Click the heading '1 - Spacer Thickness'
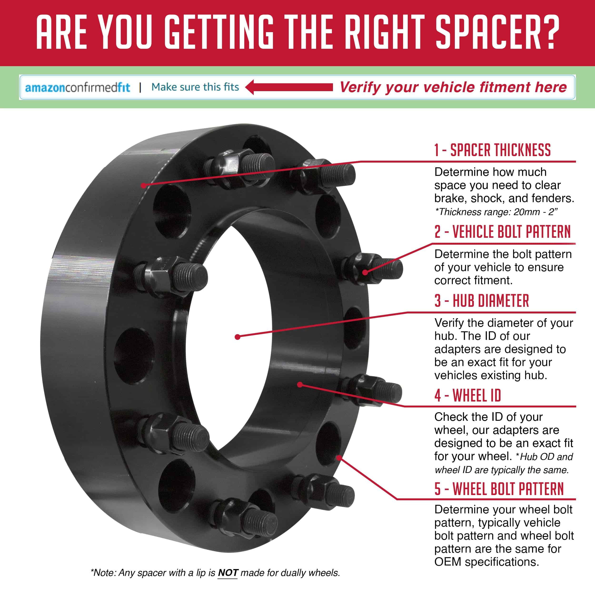tap(492, 150)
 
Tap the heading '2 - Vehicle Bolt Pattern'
tap(503, 232)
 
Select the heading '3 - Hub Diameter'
tap(482, 301)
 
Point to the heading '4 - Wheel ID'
tap(467, 395)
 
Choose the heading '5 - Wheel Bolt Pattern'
tap(499, 489)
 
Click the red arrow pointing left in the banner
tap(289, 87)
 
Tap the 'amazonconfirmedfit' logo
tap(78, 87)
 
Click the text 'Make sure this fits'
tap(195, 87)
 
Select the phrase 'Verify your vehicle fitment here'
tap(453, 87)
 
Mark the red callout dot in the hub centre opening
tap(237, 337)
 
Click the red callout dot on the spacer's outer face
tap(143, 185)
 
